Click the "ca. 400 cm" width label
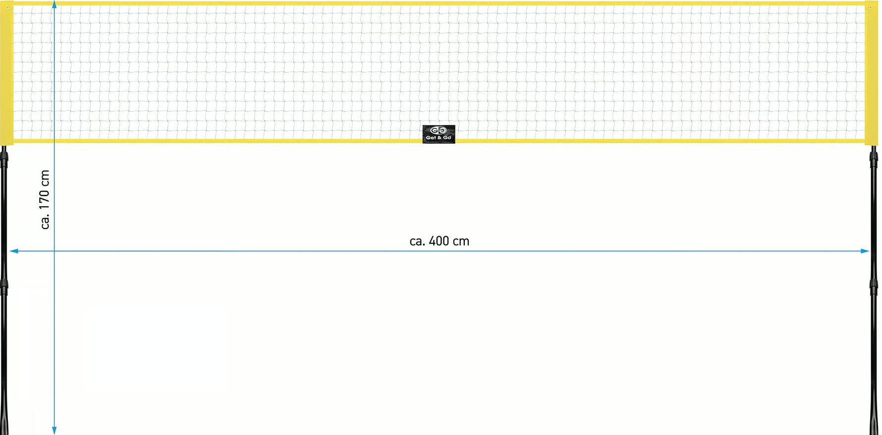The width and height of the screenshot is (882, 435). point(439,241)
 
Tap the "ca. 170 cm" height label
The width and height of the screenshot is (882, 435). point(45,199)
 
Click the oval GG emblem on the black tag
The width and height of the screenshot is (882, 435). point(439,130)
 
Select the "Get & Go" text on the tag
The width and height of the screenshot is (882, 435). point(439,138)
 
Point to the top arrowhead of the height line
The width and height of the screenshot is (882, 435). point(54,4)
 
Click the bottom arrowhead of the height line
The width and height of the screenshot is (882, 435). point(54,431)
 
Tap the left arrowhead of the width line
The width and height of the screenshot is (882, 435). point(14,251)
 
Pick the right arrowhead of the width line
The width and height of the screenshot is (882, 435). point(865,251)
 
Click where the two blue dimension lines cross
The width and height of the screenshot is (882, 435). point(54,251)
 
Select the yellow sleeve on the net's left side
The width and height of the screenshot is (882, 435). point(6,73)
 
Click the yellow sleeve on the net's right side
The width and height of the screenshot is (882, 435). point(871,73)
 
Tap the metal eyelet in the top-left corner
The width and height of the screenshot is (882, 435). point(8,8)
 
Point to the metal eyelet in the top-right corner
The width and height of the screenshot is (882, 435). point(870,8)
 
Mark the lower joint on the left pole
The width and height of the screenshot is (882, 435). point(4,287)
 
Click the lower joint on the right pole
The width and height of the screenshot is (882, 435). point(874,287)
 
